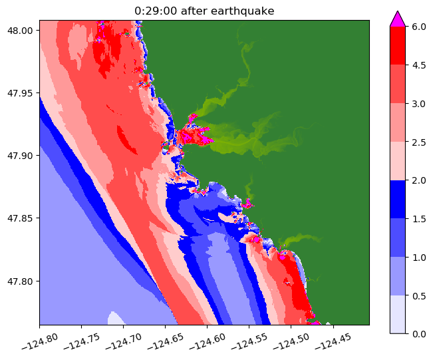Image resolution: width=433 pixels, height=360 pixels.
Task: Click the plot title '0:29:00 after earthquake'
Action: pos(204,10)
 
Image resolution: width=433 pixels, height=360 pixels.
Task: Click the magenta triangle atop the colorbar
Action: pos(398,19)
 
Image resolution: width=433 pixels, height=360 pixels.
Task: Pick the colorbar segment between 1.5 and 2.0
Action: pos(398,199)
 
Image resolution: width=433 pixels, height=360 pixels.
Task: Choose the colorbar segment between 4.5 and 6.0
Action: pos(398,45)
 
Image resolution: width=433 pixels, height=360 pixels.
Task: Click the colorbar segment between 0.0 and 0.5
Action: pos(398,313)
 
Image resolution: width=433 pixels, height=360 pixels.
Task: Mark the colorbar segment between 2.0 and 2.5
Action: pos(398,160)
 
